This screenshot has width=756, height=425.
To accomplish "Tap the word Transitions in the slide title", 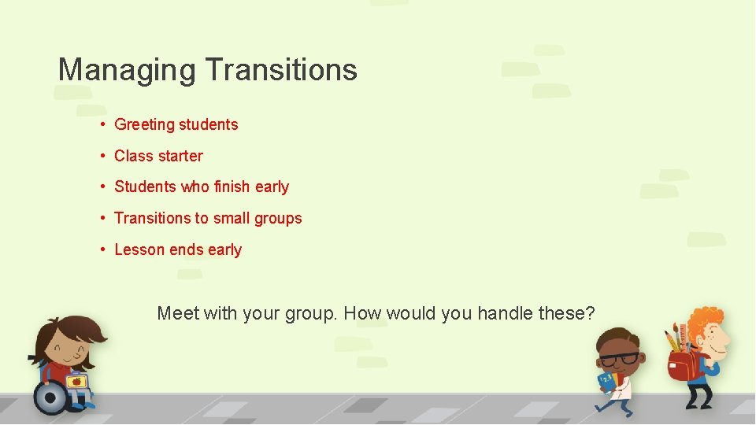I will pos(281,70).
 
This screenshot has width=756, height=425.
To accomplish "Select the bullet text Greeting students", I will pos(176,124).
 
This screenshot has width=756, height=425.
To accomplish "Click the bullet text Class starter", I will pos(158,156).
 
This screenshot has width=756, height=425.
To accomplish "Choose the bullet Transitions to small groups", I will pos(208,218).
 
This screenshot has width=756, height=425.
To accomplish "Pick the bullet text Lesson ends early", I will pos(178,249).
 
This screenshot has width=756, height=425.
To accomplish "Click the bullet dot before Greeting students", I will pos(103,124).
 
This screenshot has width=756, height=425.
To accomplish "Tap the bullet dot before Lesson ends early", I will pos(103,249).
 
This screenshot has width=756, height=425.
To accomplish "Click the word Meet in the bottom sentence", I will pos(178,313).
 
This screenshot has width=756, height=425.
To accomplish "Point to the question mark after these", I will pos(590,313).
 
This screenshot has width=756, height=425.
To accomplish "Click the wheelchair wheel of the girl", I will pos(51,397).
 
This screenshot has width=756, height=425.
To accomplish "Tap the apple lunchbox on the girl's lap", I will pos(76,382).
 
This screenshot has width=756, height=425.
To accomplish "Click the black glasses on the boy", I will pos(619,359).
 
